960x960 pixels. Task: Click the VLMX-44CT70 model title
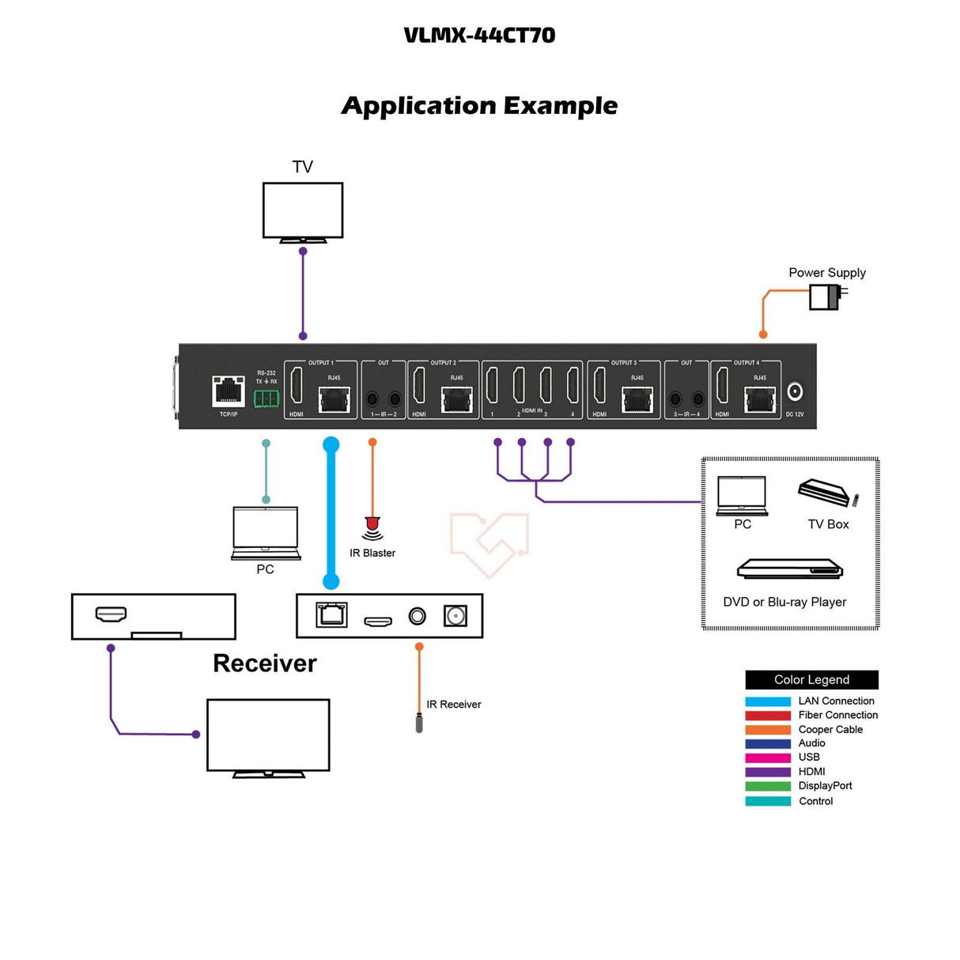coord(479,36)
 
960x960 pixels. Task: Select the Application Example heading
coord(479,106)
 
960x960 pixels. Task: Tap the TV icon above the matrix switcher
coord(303,211)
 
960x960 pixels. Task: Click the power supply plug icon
coord(827,297)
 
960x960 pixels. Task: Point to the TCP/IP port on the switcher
coord(229,391)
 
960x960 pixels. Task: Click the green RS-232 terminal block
coord(266,398)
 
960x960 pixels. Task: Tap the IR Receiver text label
coord(453,705)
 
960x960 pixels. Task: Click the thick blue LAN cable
coord(331,514)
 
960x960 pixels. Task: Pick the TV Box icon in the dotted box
coord(826,493)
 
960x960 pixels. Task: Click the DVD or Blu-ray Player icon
coord(789,569)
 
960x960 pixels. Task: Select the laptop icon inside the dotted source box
coord(742,496)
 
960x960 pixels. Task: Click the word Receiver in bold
coord(265,663)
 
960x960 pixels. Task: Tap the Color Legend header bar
coord(811,680)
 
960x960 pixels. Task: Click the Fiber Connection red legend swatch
coord(767,716)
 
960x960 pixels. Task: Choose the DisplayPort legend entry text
coord(825,786)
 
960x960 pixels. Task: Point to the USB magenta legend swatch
coord(767,758)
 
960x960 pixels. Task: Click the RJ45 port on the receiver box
coord(331,615)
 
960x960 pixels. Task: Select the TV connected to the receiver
coord(268,736)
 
